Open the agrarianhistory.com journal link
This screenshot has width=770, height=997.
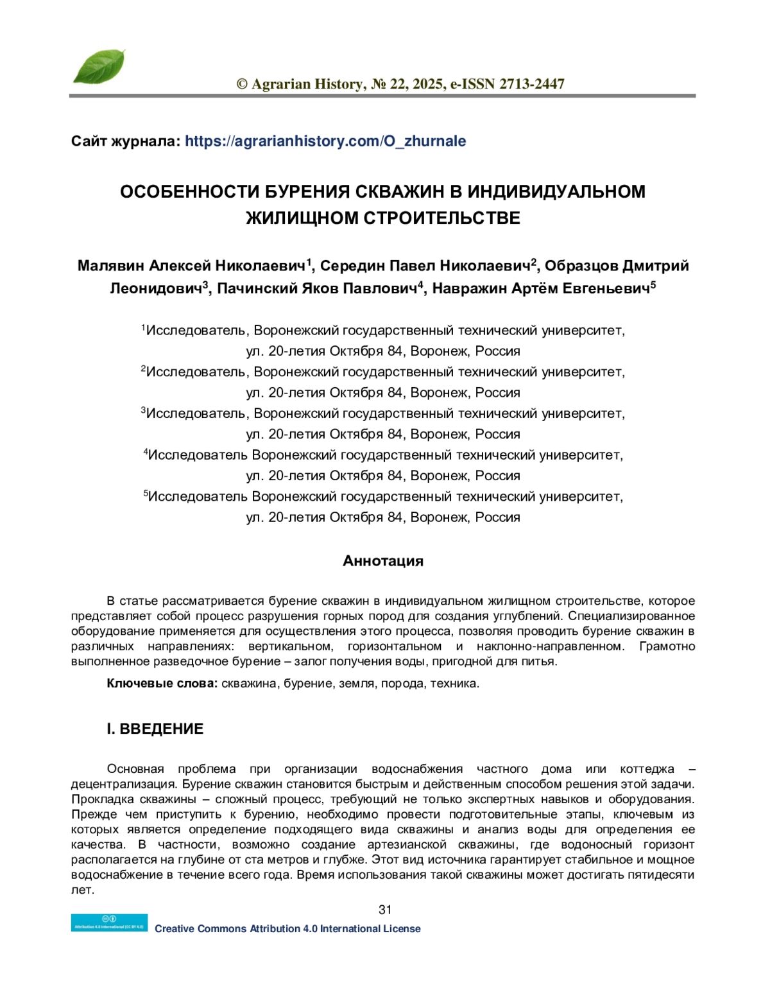(x=325, y=141)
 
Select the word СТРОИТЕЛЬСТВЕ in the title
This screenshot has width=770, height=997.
(x=443, y=218)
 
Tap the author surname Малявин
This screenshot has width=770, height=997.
(x=111, y=266)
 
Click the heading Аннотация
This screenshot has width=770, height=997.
(x=383, y=561)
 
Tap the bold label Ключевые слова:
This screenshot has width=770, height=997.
(x=162, y=684)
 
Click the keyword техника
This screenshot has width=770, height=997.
(x=454, y=684)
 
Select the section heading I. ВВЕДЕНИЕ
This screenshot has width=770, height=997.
(x=155, y=729)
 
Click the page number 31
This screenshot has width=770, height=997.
(x=385, y=910)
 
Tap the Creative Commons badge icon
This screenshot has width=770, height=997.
(x=109, y=923)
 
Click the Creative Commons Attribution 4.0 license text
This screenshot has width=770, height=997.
(x=287, y=929)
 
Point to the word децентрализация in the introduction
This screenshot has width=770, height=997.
(x=123, y=785)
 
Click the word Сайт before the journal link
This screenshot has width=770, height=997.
(x=89, y=141)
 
